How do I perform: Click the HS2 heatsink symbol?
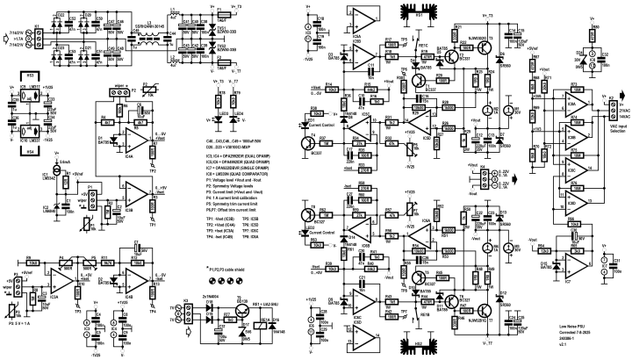coord(420,345)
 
